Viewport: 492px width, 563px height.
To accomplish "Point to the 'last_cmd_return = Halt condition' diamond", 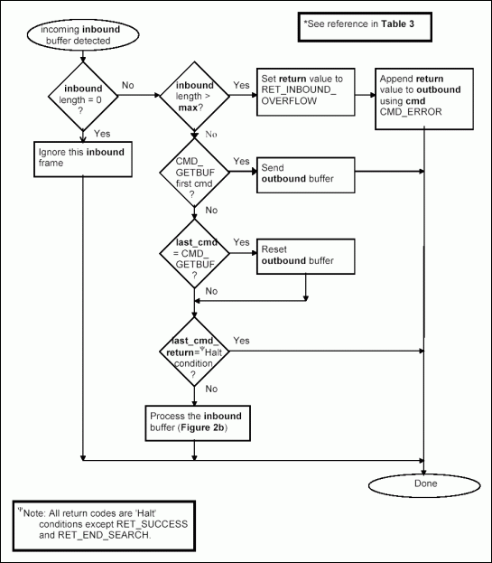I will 193,351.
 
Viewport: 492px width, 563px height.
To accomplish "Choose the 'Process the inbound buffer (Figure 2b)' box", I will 193,420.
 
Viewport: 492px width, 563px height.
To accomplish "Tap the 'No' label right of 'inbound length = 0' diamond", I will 128,85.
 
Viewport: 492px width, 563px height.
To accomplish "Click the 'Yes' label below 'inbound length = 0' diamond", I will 102,133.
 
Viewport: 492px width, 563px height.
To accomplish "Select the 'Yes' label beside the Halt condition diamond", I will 242,341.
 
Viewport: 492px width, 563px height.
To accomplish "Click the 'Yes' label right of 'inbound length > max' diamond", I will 241,85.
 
